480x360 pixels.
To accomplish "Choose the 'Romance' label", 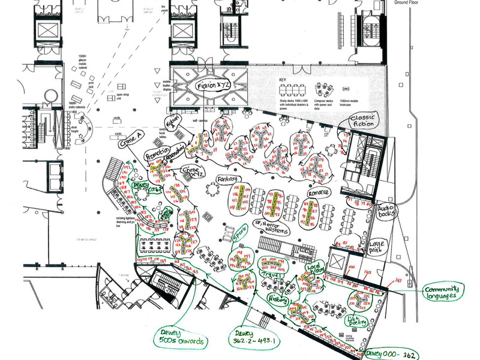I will [x=319, y=193].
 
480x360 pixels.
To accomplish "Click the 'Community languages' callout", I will [x=444, y=292].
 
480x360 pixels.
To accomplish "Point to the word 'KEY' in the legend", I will [x=283, y=80].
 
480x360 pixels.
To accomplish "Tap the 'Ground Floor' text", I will [x=410, y=2].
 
